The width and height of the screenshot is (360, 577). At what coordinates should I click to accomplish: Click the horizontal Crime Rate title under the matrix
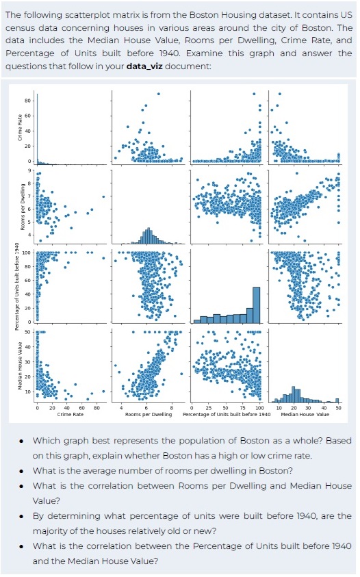(x=70, y=415)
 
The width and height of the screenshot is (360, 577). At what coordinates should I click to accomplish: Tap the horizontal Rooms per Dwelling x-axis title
(x=148, y=415)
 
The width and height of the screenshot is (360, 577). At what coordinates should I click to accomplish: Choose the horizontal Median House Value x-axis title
(x=305, y=415)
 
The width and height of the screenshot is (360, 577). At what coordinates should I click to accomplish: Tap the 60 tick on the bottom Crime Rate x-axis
(x=81, y=408)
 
